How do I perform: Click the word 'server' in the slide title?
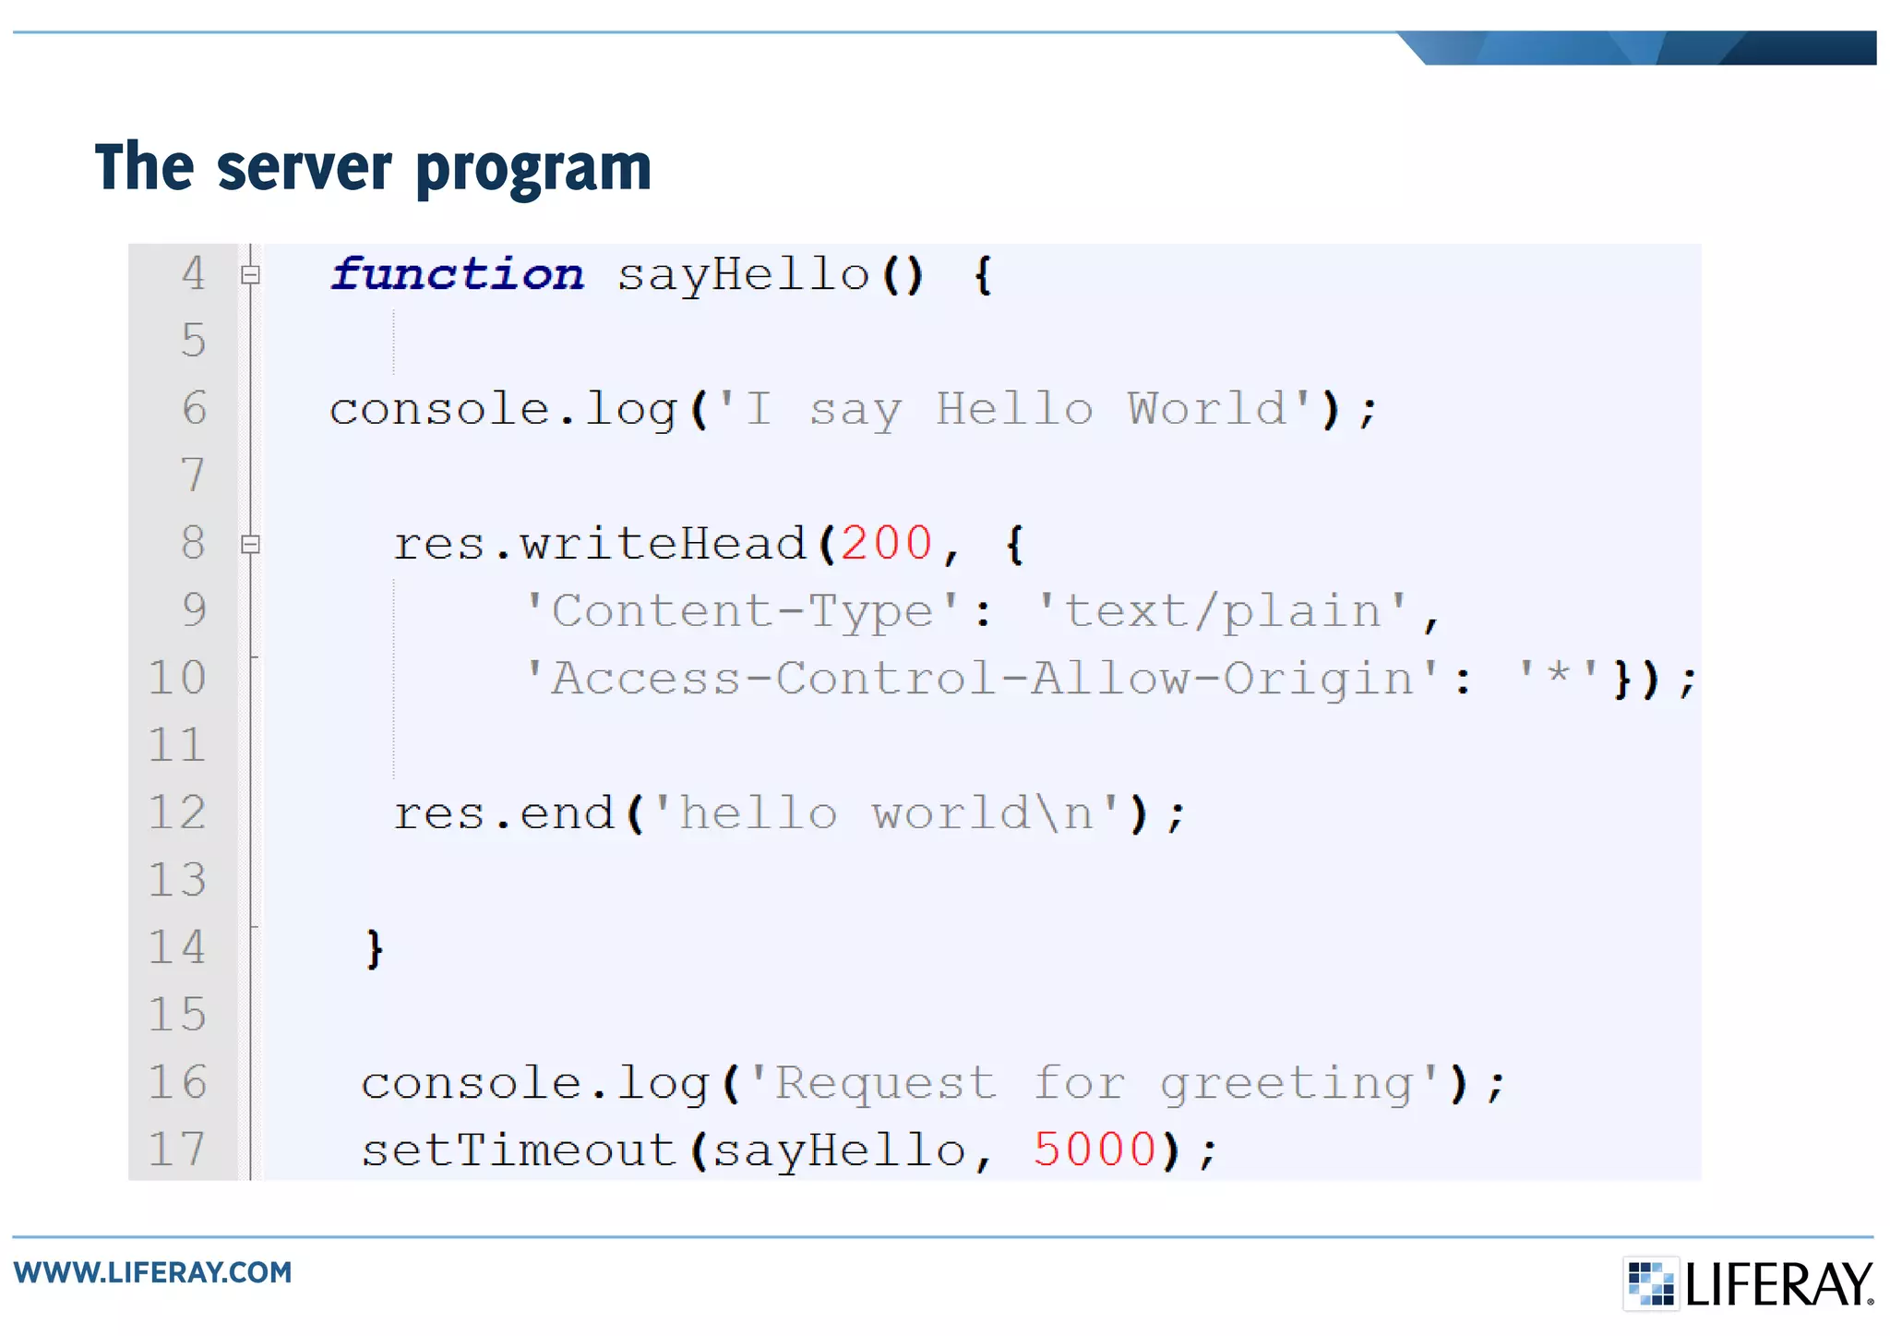305,168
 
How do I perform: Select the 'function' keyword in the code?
457,274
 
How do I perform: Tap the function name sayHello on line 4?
743,275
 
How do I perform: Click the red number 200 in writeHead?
886,543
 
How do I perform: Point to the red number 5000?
1095,1149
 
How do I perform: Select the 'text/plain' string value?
1223,611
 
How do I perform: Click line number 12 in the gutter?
177,812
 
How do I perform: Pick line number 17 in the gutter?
177,1149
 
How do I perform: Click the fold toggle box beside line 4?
250,274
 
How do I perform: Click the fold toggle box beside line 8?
250,544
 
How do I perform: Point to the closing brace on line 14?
374,948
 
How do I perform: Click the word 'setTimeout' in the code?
520,1150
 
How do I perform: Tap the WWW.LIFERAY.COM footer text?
153,1272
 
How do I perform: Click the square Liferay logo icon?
1650,1283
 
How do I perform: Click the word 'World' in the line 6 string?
1206,408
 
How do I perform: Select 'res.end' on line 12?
504,813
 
